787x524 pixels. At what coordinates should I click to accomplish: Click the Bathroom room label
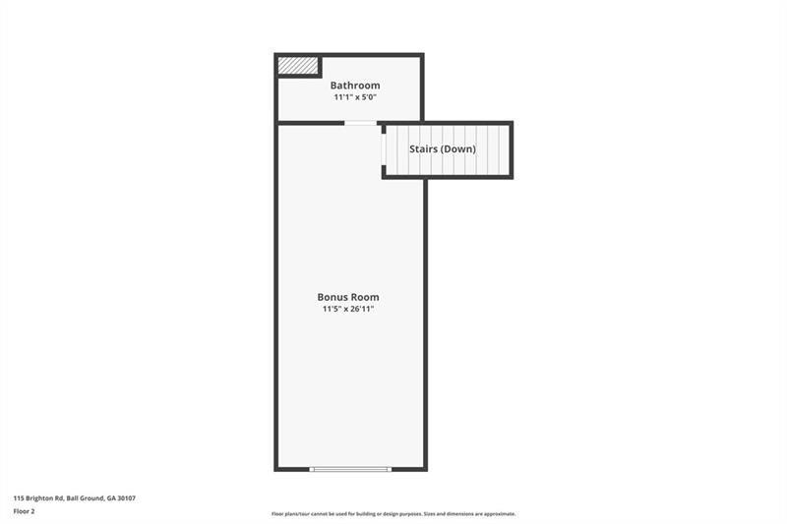pos(354,86)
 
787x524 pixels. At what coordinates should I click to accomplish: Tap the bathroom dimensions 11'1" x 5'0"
pos(354,97)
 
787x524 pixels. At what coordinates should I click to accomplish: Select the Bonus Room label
pos(347,297)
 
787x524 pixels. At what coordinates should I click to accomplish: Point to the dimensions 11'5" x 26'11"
pos(347,309)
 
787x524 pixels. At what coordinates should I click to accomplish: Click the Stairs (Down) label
pos(443,149)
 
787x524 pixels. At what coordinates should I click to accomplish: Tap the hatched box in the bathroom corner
pos(297,66)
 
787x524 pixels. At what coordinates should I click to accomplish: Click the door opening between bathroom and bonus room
pos(360,123)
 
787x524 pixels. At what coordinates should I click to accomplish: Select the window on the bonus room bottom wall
pos(350,469)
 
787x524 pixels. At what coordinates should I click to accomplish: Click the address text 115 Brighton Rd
pos(39,498)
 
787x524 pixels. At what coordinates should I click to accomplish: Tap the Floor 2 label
pos(24,511)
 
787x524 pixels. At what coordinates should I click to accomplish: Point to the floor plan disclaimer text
pos(393,514)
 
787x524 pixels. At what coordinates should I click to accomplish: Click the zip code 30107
pos(125,498)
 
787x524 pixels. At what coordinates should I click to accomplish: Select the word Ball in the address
pos(74,498)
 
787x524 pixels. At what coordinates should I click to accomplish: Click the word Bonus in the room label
pos(332,297)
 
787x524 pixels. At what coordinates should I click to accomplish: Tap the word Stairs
pos(425,149)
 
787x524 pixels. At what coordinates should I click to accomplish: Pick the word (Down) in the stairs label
pos(459,149)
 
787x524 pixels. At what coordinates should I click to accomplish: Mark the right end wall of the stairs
pos(511,149)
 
